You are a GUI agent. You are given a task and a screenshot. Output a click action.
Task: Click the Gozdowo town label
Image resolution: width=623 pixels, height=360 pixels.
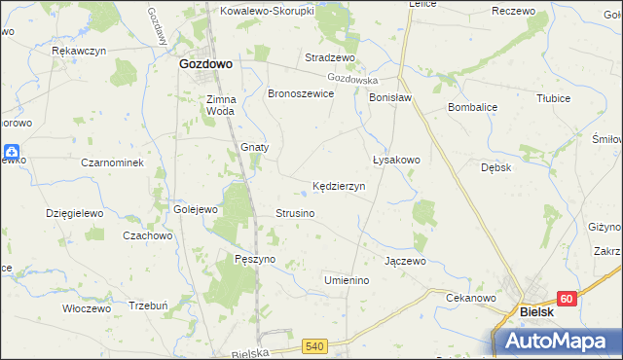[204, 63]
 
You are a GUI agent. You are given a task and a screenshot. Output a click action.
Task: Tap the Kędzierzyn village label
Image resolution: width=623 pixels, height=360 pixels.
[338, 185]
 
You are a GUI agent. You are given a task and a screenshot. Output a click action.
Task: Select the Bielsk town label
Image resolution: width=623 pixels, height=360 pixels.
[537, 311]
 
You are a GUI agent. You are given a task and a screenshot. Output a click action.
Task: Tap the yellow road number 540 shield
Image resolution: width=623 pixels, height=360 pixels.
[313, 345]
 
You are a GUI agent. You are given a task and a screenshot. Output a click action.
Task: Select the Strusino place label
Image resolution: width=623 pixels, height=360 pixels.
[295, 212]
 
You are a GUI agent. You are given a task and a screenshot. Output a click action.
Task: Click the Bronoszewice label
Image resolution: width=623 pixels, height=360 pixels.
[301, 93]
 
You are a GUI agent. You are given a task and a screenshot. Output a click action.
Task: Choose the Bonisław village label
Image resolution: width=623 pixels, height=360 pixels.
[391, 98]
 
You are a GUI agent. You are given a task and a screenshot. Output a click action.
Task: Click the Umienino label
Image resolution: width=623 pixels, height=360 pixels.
[348, 280]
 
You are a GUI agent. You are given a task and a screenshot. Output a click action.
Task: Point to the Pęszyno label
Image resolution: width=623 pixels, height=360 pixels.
[256, 259]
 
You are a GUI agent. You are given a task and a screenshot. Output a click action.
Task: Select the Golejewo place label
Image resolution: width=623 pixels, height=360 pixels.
[194, 209]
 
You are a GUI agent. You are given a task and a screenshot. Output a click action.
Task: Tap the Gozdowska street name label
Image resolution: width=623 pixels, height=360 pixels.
[352, 78]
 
